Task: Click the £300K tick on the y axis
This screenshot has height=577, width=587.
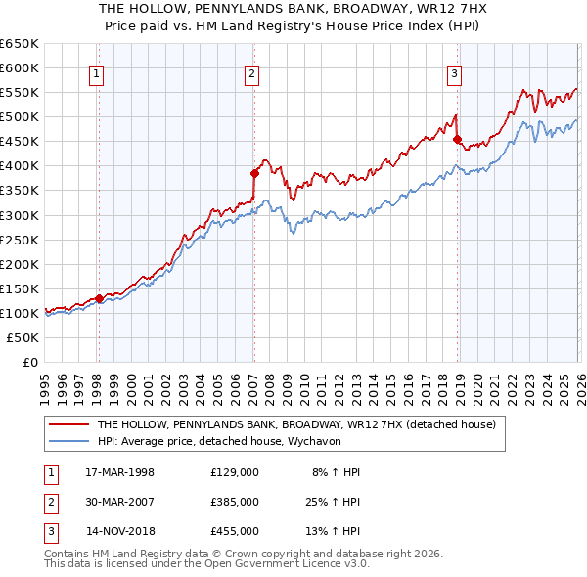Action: [x=20, y=215]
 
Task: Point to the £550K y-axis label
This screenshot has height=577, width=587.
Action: [x=20, y=93]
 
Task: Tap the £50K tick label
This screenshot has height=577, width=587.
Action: [x=23, y=337]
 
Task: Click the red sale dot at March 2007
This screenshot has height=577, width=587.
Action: [x=253, y=173]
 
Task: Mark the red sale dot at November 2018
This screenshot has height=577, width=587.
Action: [x=457, y=139]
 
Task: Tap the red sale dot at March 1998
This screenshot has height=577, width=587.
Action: [x=99, y=298]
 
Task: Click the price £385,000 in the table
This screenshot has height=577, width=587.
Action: [x=234, y=502]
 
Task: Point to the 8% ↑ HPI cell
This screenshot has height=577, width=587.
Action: [x=336, y=472]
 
